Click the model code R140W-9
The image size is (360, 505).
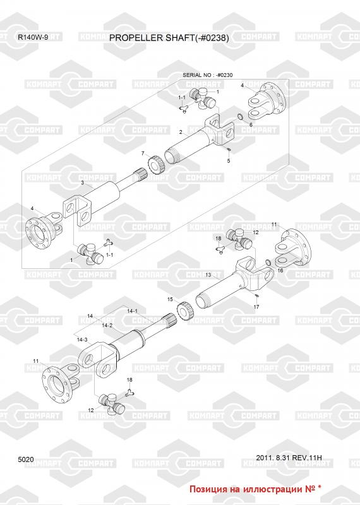(x=33, y=37)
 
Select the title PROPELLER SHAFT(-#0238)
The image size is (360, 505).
(x=169, y=38)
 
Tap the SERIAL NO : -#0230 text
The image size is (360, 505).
(x=208, y=75)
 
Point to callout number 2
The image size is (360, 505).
(x=181, y=132)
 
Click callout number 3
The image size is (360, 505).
(x=83, y=182)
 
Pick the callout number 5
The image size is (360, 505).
(x=229, y=161)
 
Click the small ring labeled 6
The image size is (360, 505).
(x=241, y=116)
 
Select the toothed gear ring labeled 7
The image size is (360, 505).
(x=157, y=163)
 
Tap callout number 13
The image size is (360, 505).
(x=208, y=275)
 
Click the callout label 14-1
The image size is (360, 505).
(x=132, y=311)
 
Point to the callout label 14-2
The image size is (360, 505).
(x=107, y=325)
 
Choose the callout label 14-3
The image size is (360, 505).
(x=82, y=340)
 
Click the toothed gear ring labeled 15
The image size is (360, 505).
(x=186, y=311)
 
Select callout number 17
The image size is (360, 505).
(x=256, y=307)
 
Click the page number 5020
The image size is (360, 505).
(x=26, y=460)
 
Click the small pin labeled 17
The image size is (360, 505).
(x=256, y=295)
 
